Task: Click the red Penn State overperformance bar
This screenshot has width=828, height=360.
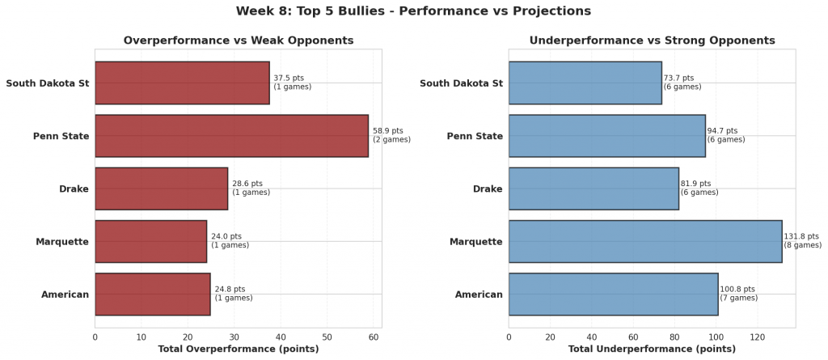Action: point(231,136)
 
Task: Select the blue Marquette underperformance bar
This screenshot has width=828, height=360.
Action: point(645,241)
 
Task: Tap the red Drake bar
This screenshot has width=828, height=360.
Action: point(161,188)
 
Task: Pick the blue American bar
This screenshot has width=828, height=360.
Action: point(613,294)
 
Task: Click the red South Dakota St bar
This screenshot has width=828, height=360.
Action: point(182,83)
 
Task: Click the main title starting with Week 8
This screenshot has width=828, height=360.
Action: point(413,11)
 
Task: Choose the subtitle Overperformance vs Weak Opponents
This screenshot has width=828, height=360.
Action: point(238,40)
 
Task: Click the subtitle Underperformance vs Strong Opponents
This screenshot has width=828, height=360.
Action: point(652,40)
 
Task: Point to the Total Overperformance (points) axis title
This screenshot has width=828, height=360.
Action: point(238,349)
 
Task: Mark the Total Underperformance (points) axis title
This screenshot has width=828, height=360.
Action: point(652,349)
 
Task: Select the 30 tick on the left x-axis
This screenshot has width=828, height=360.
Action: point(234,335)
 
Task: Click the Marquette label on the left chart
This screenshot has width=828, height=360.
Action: point(62,241)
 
